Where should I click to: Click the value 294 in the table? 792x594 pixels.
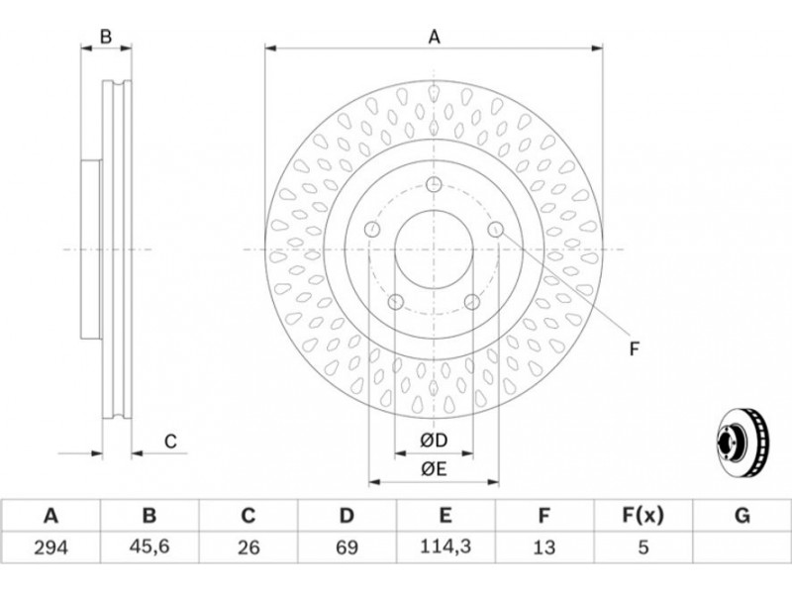click(x=50, y=547)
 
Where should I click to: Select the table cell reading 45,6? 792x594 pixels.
click(x=149, y=547)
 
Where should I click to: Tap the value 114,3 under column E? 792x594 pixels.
click(x=445, y=546)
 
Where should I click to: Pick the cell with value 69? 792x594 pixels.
click(x=346, y=547)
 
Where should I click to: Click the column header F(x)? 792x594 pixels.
click(x=643, y=516)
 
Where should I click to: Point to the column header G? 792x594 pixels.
click(x=742, y=516)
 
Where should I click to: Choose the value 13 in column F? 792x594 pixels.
click(x=544, y=547)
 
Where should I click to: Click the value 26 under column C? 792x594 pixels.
click(x=248, y=547)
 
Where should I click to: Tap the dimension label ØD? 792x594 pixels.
click(x=434, y=441)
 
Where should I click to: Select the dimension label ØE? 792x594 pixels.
click(x=434, y=469)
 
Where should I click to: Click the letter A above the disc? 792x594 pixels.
click(x=435, y=37)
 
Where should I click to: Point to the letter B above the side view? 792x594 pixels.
click(x=106, y=37)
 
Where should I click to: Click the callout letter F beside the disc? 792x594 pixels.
click(x=635, y=348)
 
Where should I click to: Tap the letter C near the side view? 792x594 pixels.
click(x=170, y=442)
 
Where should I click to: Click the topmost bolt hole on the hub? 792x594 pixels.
click(x=434, y=184)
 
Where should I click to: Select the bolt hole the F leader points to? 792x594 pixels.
click(x=496, y=230)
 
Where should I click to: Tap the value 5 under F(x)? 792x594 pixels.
click(x=643, y=547)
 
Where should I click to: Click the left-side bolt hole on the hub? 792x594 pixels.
click(x=372, y=230)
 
